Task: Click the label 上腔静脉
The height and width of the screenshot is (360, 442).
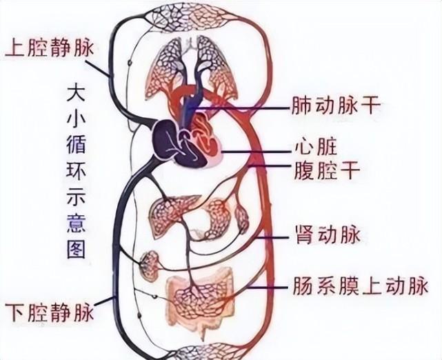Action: (x=50, y=48)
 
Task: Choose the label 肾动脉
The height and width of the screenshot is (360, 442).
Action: (x=327, y=237)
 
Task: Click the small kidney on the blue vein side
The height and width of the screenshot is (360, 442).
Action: (x=151, y=265)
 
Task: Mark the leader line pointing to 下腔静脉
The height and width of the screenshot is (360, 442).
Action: (x=104, y=302)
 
